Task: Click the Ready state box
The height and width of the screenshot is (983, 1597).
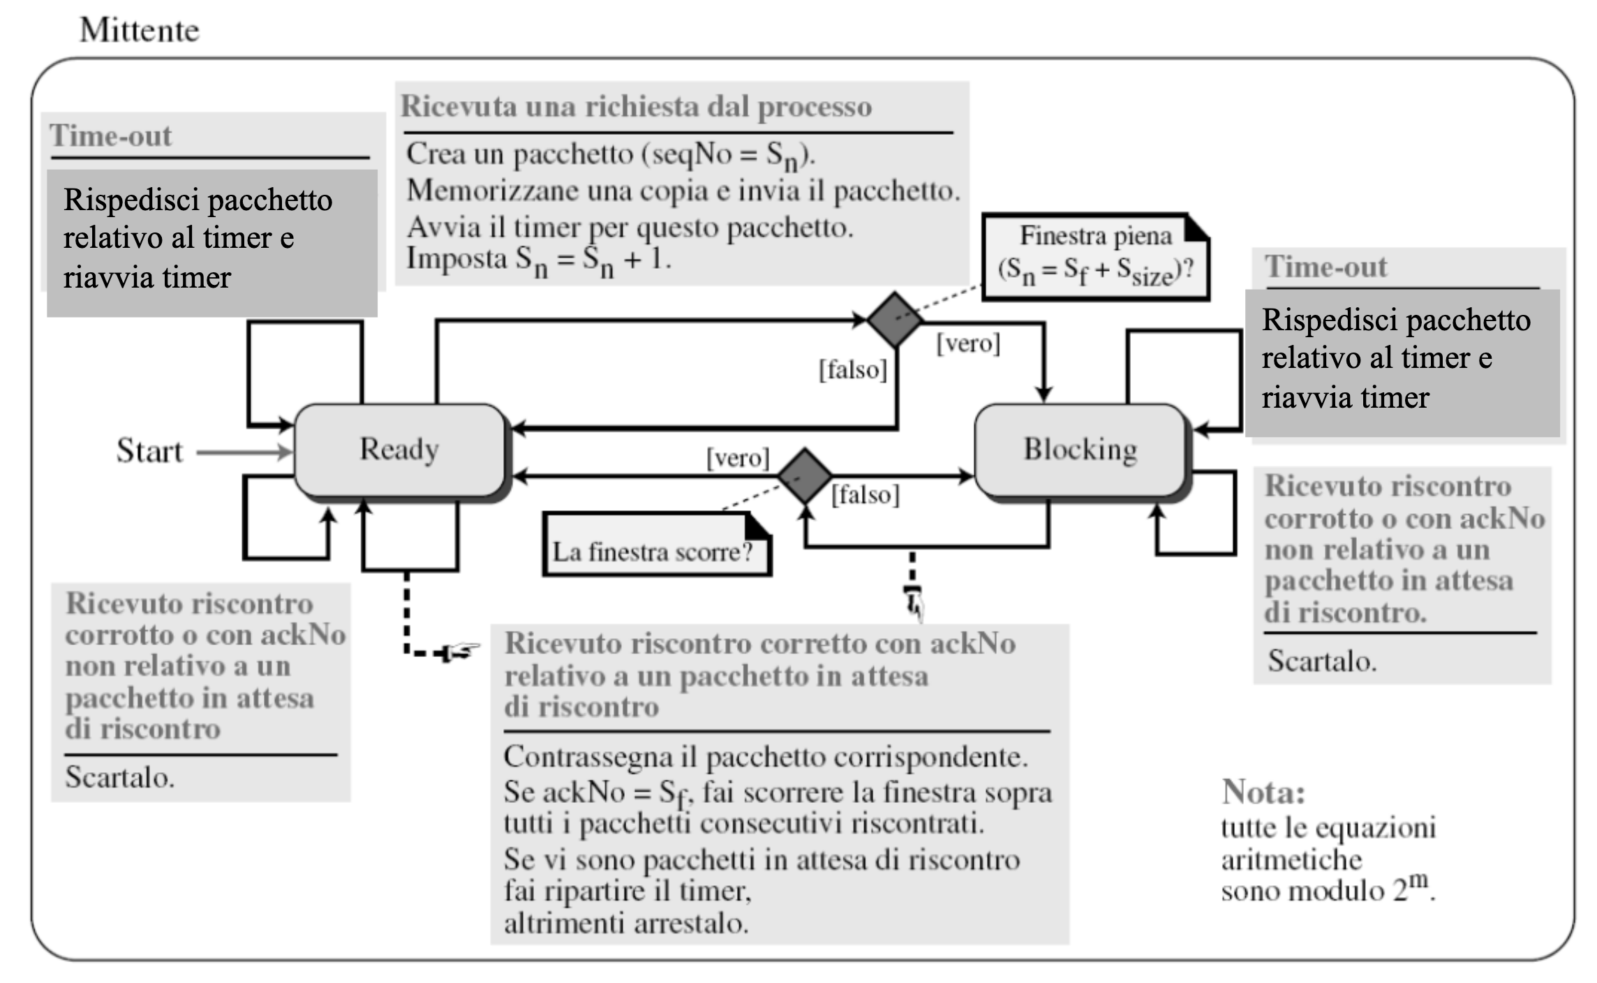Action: (x=399, y=450)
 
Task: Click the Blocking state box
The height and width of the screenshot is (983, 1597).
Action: (x=1080, y=450)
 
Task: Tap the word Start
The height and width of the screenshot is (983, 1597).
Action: (x=149, y=451)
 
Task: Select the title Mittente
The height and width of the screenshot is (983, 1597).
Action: (x=140, y=30)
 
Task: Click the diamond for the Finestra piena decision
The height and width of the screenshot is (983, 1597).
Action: (x=894, y=320)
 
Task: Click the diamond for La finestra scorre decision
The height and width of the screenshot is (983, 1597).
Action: (x=805, y=475)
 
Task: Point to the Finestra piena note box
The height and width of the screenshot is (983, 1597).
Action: (x=1096, y=257)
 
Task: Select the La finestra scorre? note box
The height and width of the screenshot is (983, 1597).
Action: (x=657, y=545)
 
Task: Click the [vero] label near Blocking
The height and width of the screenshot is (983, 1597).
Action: (x=968, y=343)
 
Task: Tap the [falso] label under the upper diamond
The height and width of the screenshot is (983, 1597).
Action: (x=853, y=369)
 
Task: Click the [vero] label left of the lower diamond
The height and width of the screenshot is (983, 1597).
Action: (x=738, y=458)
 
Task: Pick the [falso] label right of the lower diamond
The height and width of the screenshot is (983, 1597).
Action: (x=866, y=495)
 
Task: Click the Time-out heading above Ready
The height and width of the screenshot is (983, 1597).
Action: (x=110, y=135)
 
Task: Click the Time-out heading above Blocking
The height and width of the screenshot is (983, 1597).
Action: (x=1326, y=267)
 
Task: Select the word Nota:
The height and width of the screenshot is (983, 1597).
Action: (x=1263, y=792)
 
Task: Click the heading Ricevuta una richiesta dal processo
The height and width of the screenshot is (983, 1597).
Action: (x=636, y=107)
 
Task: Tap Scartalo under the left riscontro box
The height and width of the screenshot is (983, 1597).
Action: (x=119, y=777)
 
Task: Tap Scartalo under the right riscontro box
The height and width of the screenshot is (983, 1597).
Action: (x=1322, y=660)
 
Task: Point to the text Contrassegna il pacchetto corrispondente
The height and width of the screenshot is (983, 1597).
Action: (x=766, y=757)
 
